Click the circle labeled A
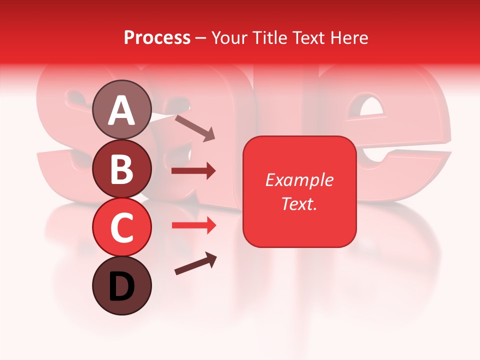122,109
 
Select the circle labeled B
122,168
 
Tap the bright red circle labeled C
122,227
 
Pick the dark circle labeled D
122,285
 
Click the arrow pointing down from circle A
195,128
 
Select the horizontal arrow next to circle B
193,171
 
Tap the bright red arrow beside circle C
193,225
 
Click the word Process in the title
157,37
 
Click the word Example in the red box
299,180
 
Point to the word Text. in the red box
299,203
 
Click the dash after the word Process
201,38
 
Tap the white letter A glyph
122,110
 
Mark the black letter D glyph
122,286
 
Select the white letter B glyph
122,169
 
